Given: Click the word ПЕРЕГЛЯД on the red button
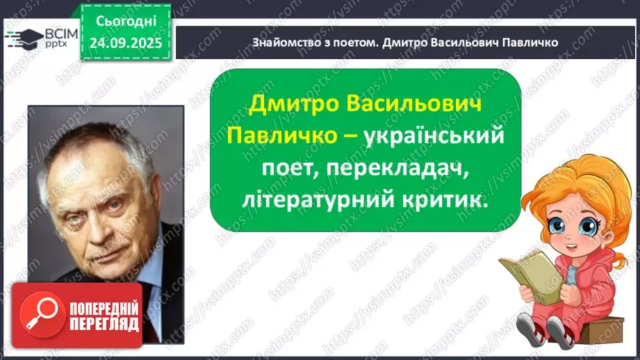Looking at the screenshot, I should point(104,323).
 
